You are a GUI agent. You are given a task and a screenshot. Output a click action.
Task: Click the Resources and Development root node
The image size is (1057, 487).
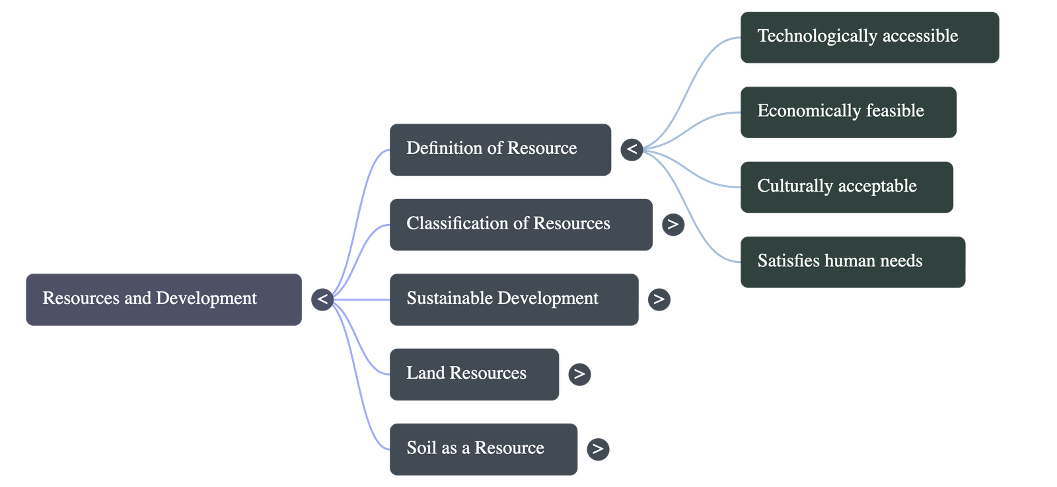click(x=164, y=299)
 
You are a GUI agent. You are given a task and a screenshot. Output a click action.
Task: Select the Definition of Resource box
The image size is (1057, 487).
click(x=500, y=149)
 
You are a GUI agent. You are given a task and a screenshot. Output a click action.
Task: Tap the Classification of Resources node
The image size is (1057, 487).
click(x=521, y=224)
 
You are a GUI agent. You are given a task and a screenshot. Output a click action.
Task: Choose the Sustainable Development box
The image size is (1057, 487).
click(x=513, y=299)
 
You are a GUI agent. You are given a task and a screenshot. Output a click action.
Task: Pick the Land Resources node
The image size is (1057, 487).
click(x=474, y=374)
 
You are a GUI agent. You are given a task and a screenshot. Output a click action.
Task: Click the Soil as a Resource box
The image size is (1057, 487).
click(x=483, y=449)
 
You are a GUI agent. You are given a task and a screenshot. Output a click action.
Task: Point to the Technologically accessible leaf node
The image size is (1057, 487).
click(x=869, y=37)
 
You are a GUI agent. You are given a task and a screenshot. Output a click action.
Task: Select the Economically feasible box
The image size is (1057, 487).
click(x=848, y=112)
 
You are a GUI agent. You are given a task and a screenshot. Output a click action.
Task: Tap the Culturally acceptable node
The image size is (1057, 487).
click(x=846, y=187)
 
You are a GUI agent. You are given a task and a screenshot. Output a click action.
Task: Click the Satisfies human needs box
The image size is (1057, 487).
click(x=852, y=262)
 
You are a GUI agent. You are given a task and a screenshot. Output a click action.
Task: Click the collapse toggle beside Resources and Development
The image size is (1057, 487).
click(x=322, y=299)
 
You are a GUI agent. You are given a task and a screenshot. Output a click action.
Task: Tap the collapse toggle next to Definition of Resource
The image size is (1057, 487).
click(x=632, y=149)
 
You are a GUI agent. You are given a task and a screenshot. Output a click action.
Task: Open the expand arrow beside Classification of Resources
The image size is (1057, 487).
click(x=673, y=224)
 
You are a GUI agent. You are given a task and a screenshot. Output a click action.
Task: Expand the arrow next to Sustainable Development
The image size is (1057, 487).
click(x=659, y=299)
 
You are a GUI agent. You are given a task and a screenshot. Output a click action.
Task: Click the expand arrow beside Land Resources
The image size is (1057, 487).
click(x=579, y=374)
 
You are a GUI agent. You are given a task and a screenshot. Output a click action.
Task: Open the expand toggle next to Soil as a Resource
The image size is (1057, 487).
click(x=598, y=449)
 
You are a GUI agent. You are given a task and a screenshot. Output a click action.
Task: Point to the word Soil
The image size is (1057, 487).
click(x=422, y=448)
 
